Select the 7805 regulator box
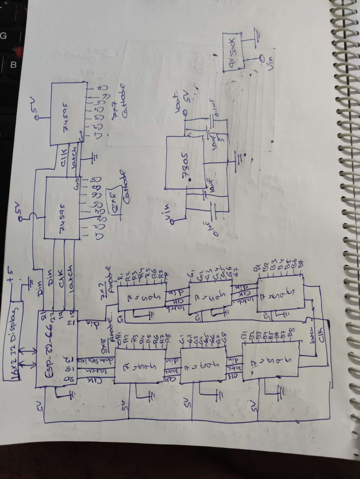pos(184,163)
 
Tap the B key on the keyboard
pos(13,64)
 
